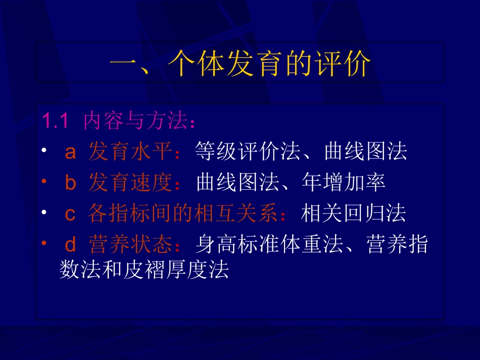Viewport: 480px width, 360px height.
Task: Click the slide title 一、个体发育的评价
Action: pos(240,63)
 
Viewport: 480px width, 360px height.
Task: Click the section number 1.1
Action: pos(55,121)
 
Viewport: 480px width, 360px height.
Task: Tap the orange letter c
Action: pos(70,215)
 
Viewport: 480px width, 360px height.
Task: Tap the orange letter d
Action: pos(70,246)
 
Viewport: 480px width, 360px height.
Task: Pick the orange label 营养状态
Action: pos(129,246)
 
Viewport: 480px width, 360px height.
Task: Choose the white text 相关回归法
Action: pos(353,215)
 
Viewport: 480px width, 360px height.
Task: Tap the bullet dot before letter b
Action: pos(44,181)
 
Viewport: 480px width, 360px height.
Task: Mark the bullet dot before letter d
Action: pos(44,243)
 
